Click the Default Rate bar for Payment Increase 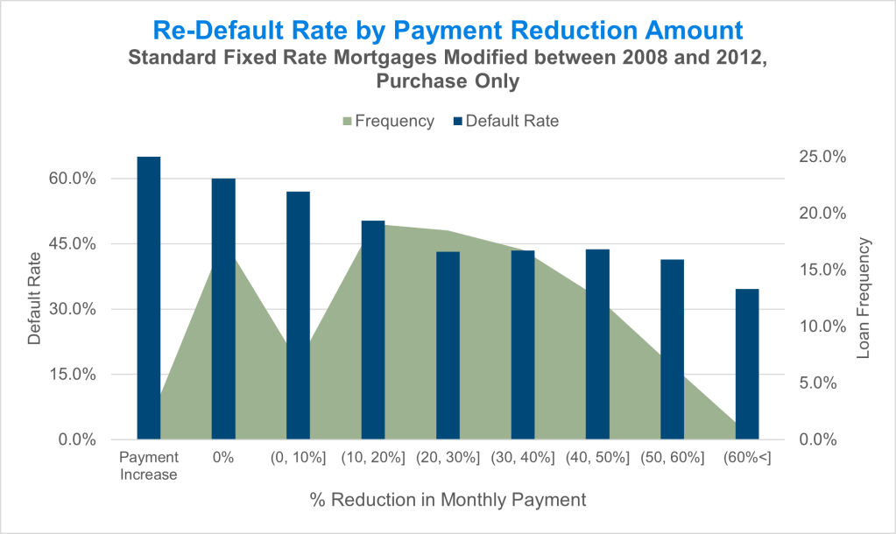pos(149,298)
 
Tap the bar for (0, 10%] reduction pos(299,315)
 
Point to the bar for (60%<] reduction pos(747,364)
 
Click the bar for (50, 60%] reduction pos(672,349)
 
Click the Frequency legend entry pos(385,122)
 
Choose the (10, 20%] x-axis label pos(373,458)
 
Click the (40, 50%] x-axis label pos(597,458)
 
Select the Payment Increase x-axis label pos(149,466)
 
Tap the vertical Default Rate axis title pos(34,298)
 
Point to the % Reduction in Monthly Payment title pos(448,500)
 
